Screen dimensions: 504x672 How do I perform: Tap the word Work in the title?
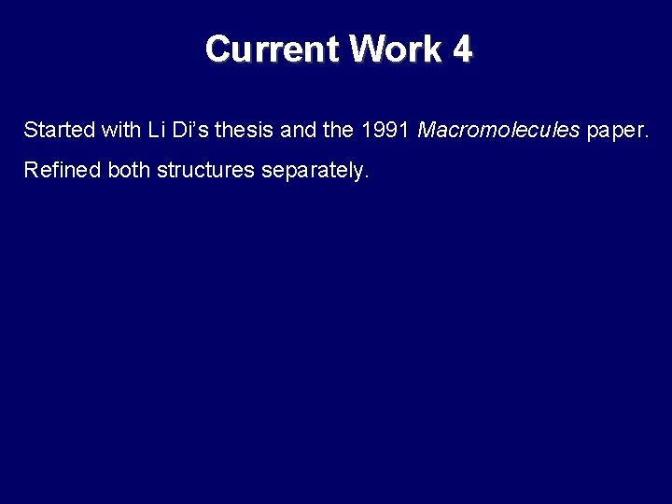[396, 49]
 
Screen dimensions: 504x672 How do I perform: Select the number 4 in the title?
[463, 49]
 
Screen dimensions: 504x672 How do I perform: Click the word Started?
[58, 130]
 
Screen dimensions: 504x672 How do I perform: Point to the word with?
[121, 130]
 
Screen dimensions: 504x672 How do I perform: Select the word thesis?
[245, 130]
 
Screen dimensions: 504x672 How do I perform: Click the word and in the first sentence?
[299, 130]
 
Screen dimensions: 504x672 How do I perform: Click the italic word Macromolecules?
[498, 130]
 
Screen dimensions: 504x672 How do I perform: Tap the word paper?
[616, 131]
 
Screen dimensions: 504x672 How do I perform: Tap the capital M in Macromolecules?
[427, 130]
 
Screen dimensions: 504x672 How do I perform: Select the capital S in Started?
[30, 130]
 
